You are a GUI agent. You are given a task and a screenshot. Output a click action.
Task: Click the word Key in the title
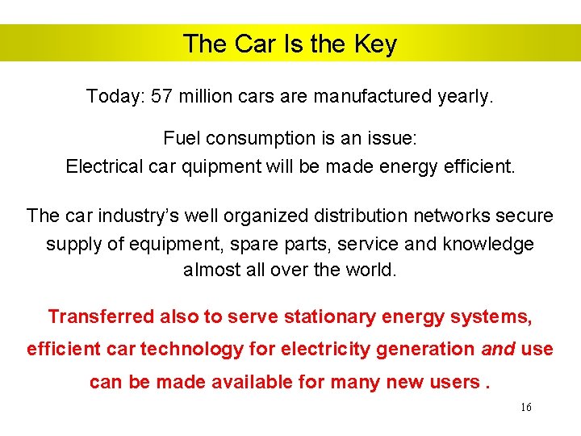click(375, 44)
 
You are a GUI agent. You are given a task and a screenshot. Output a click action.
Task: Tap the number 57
click(162, 97)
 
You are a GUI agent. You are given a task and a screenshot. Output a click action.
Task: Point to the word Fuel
click(182, 139)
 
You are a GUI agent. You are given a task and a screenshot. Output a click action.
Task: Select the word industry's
click(125, 216)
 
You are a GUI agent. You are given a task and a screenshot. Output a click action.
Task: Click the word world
click(370, 270)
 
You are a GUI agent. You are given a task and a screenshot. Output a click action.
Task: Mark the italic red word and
click(499, 350)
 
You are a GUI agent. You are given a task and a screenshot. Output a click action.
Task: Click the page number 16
click(525, 408)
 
